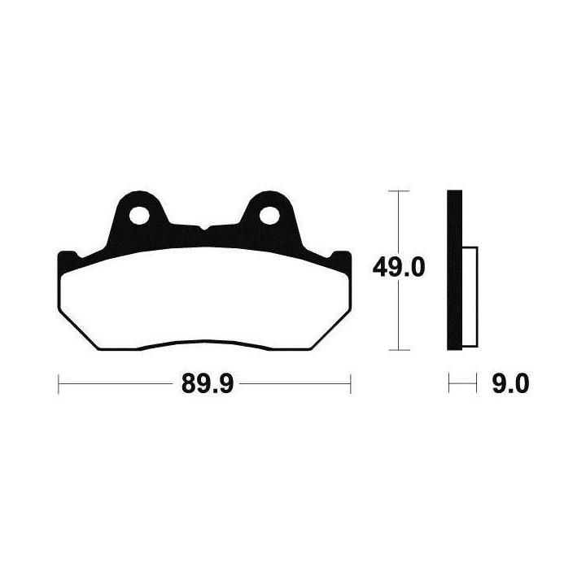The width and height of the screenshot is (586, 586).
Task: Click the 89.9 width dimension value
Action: [x=208, y=383]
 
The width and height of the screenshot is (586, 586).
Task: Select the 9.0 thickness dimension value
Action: [x=510, y=383]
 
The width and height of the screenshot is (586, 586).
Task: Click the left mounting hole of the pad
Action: [x=139, y=216]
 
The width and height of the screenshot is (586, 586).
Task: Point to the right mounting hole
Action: [x=269, y=216]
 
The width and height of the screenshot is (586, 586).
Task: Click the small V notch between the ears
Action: [x=204, y=227]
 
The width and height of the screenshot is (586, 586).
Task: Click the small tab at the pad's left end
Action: [x=68, y=259]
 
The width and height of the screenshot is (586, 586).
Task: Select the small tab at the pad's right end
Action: [x=341, y=259]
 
